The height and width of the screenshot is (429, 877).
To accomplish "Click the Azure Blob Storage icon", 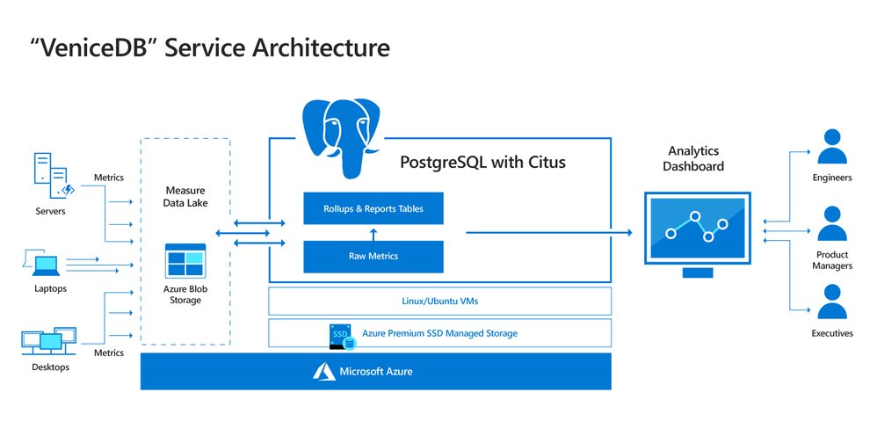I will coord(185,263).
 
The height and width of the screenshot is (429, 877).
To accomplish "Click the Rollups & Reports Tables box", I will coord(373,208).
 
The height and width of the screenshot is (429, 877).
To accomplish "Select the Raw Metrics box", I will coord(373,256).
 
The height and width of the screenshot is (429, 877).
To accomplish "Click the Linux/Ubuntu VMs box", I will coord(439,302).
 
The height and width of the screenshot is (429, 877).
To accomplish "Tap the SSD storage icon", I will coord(339,336).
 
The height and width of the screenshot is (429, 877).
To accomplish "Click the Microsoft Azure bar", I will coord(375,372).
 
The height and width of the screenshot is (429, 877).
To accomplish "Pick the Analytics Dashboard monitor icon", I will coord(699,231).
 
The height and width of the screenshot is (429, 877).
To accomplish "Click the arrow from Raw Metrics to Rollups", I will coord(373,232).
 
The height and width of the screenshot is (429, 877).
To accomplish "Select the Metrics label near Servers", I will coord(108,178).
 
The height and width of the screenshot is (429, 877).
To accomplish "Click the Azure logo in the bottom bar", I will coord(323,372).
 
